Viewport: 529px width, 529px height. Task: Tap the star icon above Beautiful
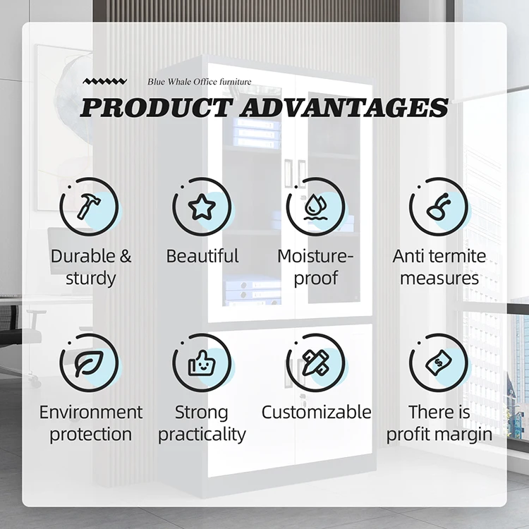(x=202, y=207)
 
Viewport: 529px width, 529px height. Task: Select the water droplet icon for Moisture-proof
(x=315, y=207)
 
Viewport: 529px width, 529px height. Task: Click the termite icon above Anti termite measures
(x=438, y=207)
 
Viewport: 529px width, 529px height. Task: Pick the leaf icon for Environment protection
(x=89, y=363)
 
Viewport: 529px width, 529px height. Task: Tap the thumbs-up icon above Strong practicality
(x=202, y=363)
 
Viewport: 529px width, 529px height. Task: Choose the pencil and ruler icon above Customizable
(x=315, y=363)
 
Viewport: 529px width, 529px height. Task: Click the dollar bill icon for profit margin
(x=438, y=363)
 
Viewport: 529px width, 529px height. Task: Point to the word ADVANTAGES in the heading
(x=344, y=108)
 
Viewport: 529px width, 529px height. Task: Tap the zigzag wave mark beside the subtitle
(x=105, y=81)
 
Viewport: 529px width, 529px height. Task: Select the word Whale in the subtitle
(x=179, y=82)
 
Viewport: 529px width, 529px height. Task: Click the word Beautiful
(x=202, y=256)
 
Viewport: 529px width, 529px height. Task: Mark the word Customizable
(x=316, y=412)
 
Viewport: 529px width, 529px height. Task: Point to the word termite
(x=456, y=256)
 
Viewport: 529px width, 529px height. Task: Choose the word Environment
(x=91, y=413)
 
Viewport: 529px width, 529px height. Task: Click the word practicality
(x=202, y=434)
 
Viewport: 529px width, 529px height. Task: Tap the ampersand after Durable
(x=125, y=256)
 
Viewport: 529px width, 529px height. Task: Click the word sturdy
(x=90, y=279)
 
